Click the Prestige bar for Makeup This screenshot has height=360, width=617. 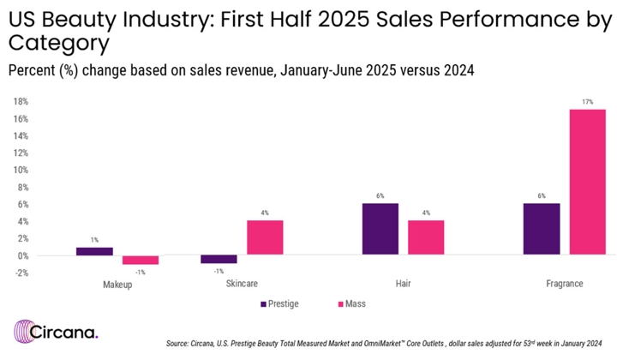click(94, 251)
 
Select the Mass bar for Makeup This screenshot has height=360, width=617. click(141, 260)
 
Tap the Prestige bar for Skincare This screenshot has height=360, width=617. click(219, 259)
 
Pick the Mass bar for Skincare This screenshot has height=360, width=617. click(265, 238)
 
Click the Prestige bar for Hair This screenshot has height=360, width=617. click(380, 229)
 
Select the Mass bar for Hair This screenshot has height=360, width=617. click(426, 238)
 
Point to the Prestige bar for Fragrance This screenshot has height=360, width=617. click(542, 229)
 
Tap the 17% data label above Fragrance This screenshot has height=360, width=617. click(588, 103)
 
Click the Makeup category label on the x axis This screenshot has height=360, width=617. click(117, 284)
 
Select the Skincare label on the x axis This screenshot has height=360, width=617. click(242, 284)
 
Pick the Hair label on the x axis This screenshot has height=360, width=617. click(403, 284)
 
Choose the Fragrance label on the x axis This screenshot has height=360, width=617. click(565, 284)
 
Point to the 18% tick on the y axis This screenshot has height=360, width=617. click(21, 101)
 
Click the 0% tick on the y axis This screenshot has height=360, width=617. click(22, 255)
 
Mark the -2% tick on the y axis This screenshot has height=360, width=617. click(21, 273)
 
